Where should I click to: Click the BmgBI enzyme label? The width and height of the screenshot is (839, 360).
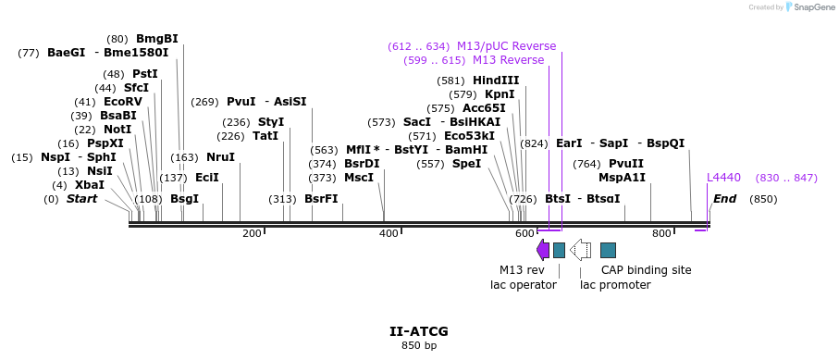[156, 39]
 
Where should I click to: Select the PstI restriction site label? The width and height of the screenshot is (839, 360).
[144, 74]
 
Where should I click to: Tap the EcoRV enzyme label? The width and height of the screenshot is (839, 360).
[123, 102]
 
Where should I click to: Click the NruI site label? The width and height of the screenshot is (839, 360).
[220, 157]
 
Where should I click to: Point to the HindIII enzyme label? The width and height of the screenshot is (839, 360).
[496, 81]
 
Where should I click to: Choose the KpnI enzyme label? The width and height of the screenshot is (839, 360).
[500, 94]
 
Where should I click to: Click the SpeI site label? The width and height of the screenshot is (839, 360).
[466, 164]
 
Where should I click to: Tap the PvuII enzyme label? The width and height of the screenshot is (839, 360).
[626, 164]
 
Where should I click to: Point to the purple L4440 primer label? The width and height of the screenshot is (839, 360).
[723, 178]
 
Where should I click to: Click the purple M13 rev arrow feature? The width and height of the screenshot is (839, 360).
[543, 249]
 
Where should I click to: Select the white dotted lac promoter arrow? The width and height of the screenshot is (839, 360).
[581, 249]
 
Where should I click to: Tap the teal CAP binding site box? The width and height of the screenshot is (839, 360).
[608, 250]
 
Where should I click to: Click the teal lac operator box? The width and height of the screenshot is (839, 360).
[559, 250]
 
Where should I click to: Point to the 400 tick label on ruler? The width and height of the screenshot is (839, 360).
[389, 233]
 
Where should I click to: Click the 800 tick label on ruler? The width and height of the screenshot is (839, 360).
[661, 233]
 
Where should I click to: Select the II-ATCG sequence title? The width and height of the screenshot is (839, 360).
[419, 330]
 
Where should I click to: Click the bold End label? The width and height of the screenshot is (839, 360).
[725, 199]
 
